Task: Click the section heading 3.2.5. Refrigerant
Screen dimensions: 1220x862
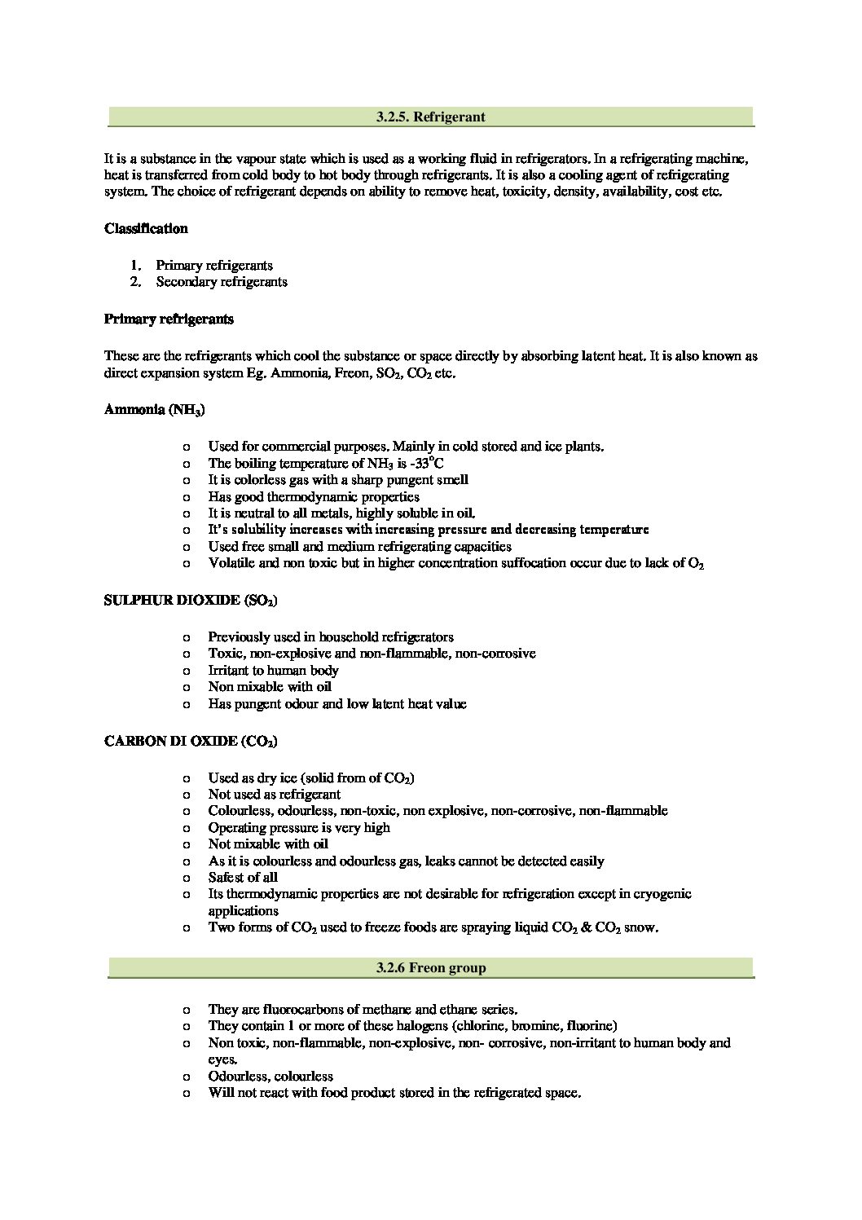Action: click(430, 117)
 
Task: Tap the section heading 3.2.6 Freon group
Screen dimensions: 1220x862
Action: click(430, 967)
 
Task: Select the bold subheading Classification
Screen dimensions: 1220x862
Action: click(146, 228)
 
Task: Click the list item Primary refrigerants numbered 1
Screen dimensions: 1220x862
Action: click(214, 265)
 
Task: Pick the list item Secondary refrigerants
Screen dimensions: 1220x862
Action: click(222, 282)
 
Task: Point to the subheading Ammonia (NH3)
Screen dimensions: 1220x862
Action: click(154, 410)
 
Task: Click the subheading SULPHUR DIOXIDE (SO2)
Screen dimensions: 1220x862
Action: click(191, 601)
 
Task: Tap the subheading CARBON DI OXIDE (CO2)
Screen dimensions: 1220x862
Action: click(191, 742)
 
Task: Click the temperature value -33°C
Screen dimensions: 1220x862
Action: click(427, 463)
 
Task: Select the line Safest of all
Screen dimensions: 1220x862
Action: click(243, 877)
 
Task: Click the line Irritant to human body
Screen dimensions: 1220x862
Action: click(273, 670)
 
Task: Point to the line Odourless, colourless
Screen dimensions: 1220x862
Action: click(270, 1076)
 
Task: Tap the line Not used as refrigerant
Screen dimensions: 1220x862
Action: click(275, 794)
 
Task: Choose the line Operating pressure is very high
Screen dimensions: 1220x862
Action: click(299, 827)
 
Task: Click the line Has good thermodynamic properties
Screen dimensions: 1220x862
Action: click(314, 496)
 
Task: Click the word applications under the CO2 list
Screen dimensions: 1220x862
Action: click(243, 910)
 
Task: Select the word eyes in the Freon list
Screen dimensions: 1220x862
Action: click(222, 1059)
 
